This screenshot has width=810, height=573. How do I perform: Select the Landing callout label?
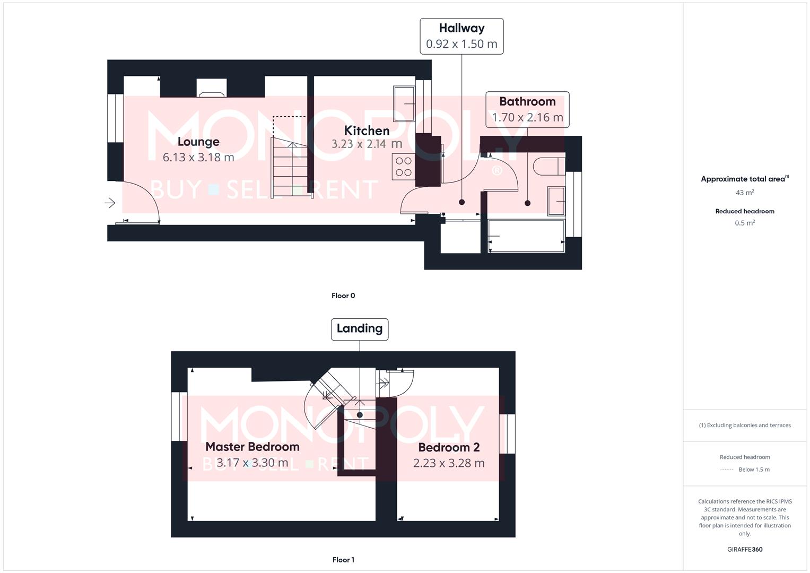(360, 329)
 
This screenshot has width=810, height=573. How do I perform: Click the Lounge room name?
(198, 142)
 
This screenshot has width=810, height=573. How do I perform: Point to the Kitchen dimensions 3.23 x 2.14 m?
(367, 144)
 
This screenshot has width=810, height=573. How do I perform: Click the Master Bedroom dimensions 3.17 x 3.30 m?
(252, 463)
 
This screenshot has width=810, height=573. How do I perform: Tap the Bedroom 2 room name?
(449, 447)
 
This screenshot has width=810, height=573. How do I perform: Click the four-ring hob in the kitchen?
(403, 167)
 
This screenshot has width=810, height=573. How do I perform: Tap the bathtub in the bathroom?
(526, 236)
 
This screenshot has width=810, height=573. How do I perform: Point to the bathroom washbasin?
(556, 201)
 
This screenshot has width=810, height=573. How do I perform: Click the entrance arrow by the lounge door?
(110, 203)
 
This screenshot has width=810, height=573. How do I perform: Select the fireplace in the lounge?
(212, 89)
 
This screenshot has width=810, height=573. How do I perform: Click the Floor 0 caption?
(343, 296)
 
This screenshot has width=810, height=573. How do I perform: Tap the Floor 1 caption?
(343, 560)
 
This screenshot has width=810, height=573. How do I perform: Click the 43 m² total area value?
(745, 193)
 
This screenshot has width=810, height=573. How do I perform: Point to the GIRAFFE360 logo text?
(745, 550)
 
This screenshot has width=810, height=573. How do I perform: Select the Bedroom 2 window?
(507, 434)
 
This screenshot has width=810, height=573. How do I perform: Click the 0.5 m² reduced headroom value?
(745, 223)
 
